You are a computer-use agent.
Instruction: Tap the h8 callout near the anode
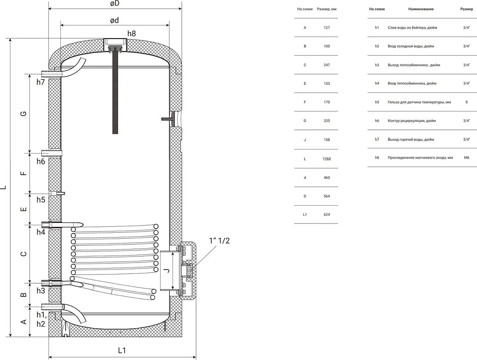point(132,33)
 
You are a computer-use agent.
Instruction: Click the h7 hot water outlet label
point(41,82)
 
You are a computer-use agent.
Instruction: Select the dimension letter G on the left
point(24,113)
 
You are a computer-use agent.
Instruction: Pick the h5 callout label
point(41,200)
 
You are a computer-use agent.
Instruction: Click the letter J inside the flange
point(167,270)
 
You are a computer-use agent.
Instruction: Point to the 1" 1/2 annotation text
point(219,241)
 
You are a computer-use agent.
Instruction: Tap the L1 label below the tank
point(122,350)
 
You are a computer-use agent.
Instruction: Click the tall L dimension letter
point(4,187)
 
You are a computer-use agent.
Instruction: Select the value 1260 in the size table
point(327,159)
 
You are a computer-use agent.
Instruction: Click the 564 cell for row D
point(327,196)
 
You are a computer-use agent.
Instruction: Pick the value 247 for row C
point(327,65)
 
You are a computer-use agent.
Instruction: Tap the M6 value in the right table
point(467,158)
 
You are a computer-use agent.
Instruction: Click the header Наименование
point(421,9)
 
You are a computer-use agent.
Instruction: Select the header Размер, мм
point(327,9)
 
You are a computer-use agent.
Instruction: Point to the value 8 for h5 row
point(467,102)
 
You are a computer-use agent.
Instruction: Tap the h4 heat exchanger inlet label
point(41,232)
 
